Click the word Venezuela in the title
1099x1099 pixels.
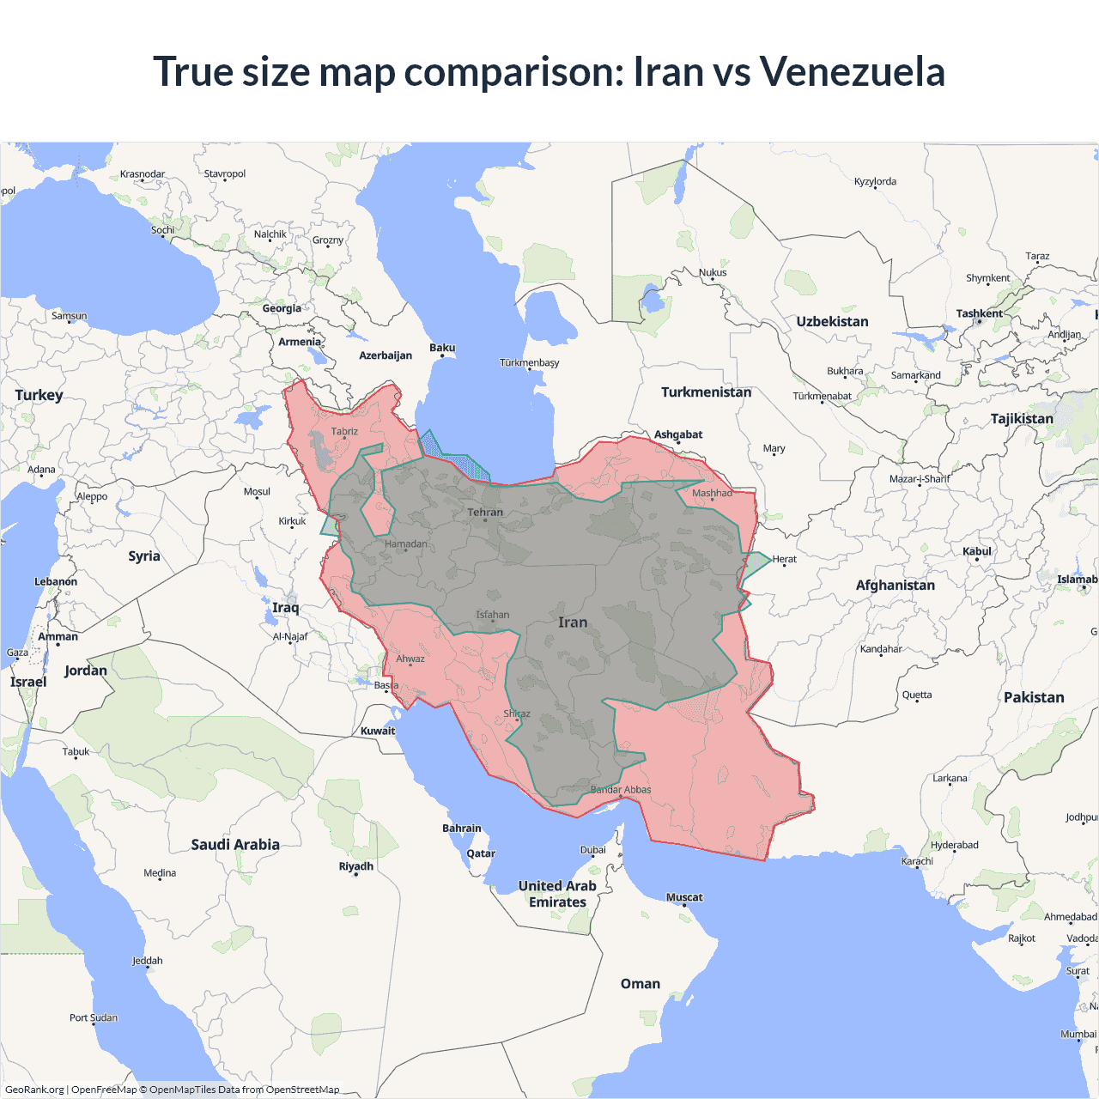point(852,71)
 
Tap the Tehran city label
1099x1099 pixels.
point(485,513)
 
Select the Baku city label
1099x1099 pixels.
point(442,348)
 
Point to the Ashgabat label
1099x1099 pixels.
point(678,434)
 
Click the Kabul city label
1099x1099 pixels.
point(977,551)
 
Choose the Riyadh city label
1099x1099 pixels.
point(355,866)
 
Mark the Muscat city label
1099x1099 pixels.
point(684,897)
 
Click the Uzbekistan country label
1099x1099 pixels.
point(832,322)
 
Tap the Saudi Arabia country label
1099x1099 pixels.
point(235,845)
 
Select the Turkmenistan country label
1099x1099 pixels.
point(706,392)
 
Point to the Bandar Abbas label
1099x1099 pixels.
point(621,790)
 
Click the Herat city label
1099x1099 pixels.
point(784,559)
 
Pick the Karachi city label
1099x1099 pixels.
point(917,861)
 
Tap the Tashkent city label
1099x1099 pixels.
point(979,313)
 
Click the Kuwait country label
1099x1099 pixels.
point(378,732)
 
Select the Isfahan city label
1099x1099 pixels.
point(493,615)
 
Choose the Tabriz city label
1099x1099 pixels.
point(344,432)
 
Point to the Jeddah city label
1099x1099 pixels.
point(148,961)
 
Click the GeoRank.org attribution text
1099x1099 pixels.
point(34,1090)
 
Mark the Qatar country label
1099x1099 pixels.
point(481,853)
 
